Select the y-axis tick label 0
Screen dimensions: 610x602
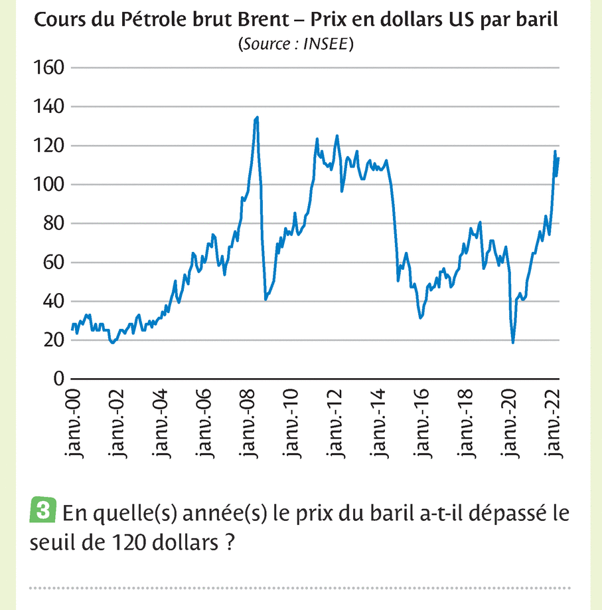pos(57,379)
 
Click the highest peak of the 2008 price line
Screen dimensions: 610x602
pos(257,118)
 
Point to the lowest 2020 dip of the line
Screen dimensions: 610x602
pos(513,342)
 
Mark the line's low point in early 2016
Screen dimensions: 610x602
pos(421,318)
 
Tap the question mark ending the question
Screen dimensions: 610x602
pos(229,542)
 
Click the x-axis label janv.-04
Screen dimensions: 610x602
pos(161,426)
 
